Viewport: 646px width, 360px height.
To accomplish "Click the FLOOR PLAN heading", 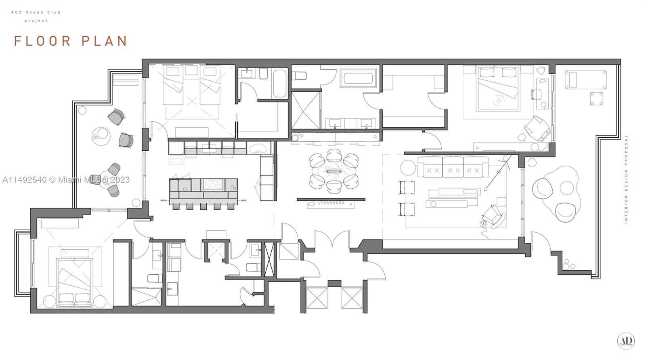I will click(71, 41).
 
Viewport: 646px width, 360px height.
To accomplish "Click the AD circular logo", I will click(626, 341).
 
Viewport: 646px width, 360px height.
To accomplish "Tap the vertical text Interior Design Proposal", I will click(626, 179).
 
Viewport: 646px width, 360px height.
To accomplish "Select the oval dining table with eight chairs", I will click(333, 171).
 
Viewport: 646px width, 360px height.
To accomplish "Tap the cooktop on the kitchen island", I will click(210, 184).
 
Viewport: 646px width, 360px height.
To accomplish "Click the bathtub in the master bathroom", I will click(359, 78).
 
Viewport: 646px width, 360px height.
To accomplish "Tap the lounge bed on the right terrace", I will click(585, 80).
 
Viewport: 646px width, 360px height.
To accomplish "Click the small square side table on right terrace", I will click(596, 99).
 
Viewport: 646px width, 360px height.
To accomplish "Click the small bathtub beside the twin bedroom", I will click(279, 84).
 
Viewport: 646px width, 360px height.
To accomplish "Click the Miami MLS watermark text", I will click(66, 180).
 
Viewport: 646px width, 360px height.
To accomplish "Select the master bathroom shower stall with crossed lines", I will click(306, 109).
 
